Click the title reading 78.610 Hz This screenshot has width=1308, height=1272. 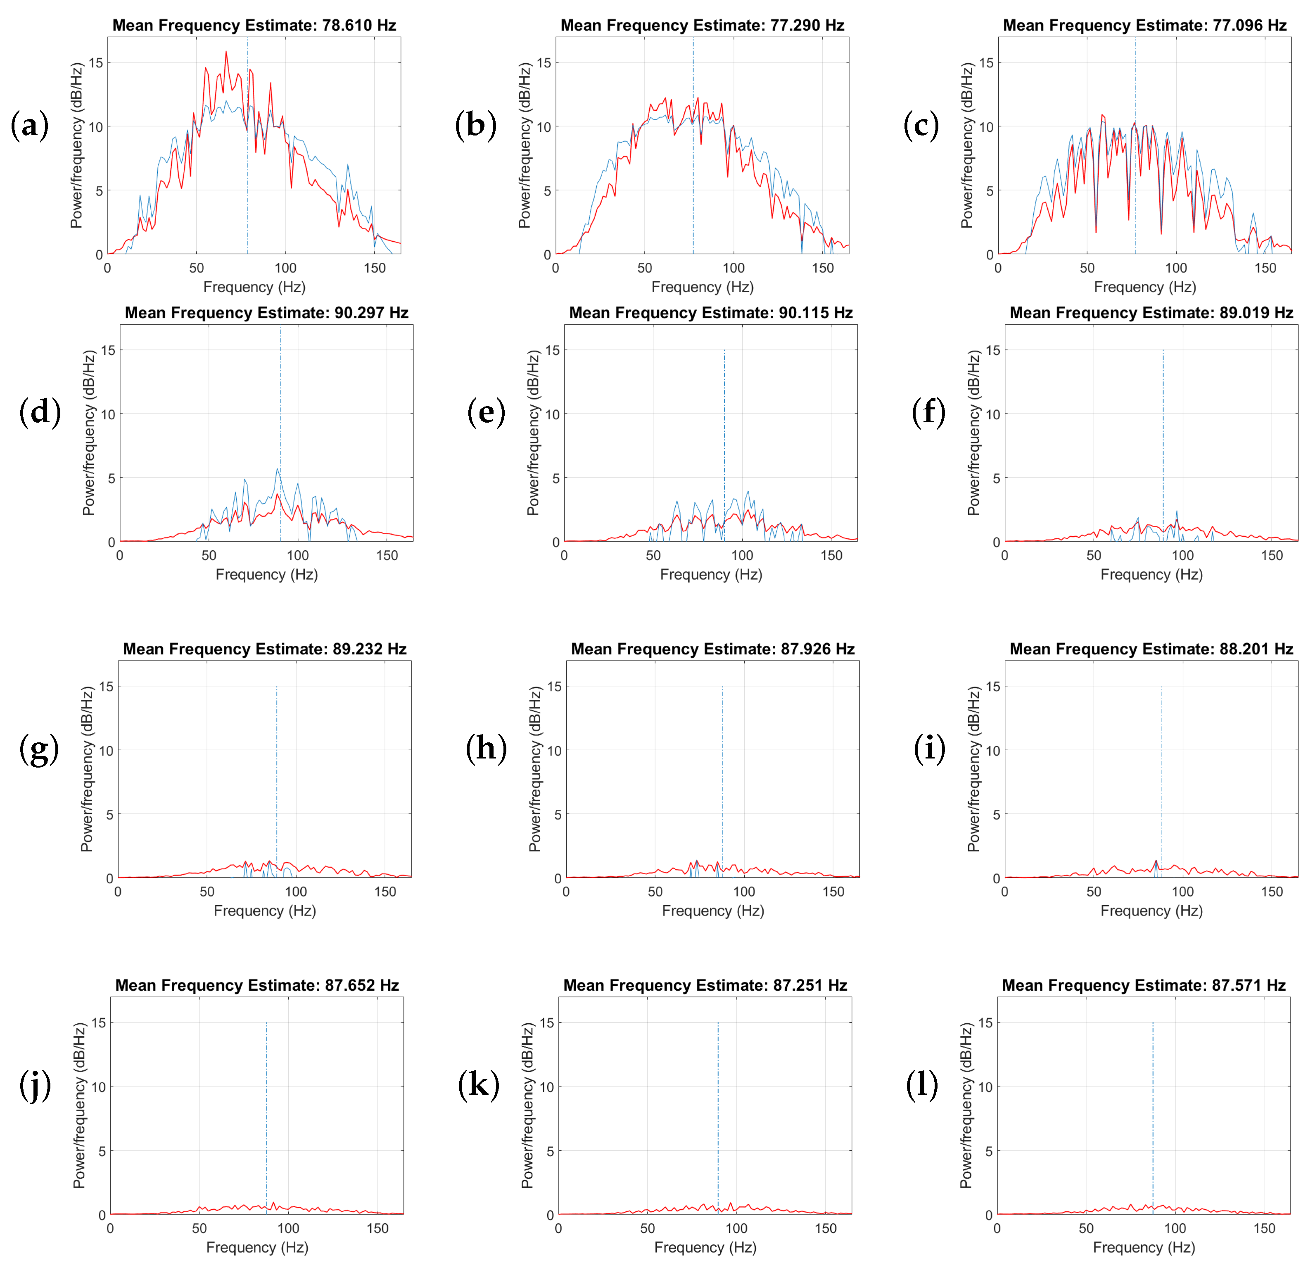(x=254, y=25)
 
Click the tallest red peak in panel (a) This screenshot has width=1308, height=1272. (x=226, y=52)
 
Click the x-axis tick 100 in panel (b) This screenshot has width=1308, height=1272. (x=734, y=268)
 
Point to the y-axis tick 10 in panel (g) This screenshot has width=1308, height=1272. (x=106, y=750)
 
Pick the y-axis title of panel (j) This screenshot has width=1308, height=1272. (x=79, y=1106)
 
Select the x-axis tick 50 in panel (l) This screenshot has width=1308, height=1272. (x=1086, y=1228)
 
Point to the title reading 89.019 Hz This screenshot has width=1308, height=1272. (x=1151, y=313)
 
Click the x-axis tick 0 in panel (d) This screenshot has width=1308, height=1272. (x=120, y=555)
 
